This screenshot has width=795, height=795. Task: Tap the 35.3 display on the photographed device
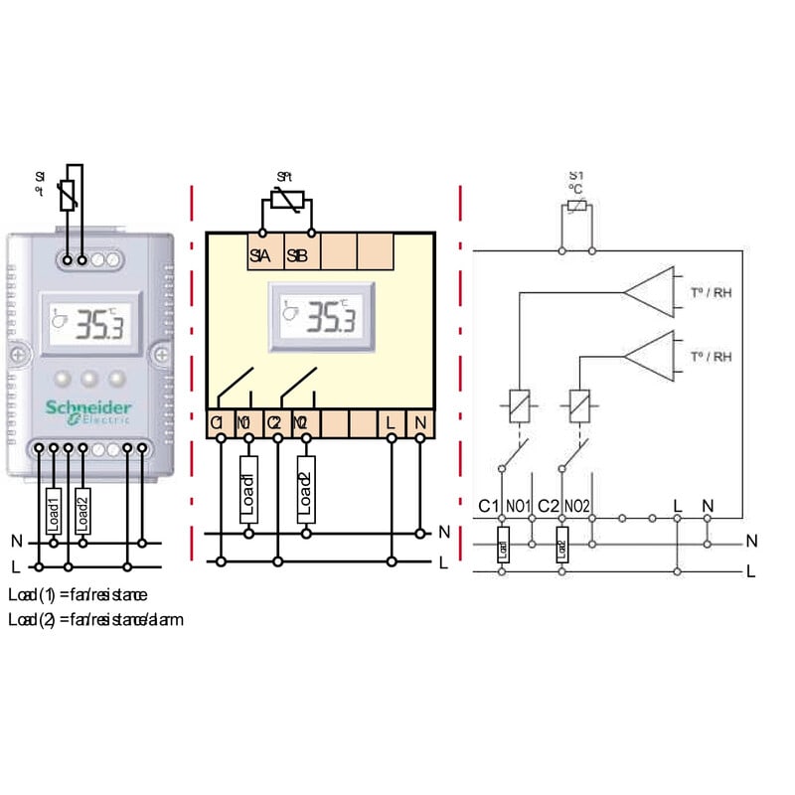click(x=87, y=323)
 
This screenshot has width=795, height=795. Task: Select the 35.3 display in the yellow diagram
click(x=321, y=316)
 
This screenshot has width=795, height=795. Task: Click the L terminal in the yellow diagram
click(x=392, y=423)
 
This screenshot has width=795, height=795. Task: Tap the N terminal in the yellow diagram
click(x=420, y=423)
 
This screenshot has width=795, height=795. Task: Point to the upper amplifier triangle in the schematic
click(x=651, y=291)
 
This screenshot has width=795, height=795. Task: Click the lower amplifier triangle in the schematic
click(x=651, y=355)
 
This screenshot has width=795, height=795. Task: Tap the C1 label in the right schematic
click(x=488, y=506)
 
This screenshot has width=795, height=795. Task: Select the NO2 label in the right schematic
click(x=577, y=506)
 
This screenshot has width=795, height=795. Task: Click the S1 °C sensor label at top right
click(x=576, y=180)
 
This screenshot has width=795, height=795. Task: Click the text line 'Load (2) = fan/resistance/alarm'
click(x=95, y=619)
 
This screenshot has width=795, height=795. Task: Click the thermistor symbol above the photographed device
click(x=68, y=196)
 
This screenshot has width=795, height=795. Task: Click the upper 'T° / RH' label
click(x=711, y=292)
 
